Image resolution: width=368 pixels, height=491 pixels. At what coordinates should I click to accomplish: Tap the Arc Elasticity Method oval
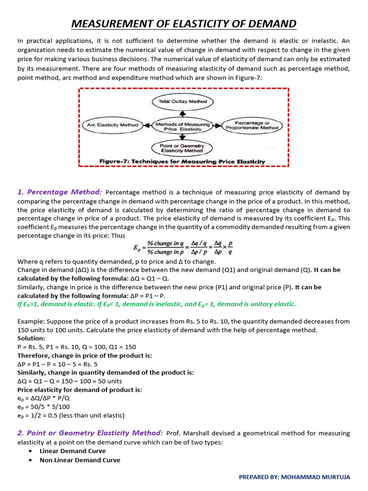coord(113,125)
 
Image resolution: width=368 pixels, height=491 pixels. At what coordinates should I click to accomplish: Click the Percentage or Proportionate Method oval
coord(253,125)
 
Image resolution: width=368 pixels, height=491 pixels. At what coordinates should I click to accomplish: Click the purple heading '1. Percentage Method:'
coord(59,192)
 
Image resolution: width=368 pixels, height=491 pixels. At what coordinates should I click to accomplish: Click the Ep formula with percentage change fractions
coord(183,247)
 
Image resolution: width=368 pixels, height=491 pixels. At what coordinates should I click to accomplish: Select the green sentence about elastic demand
coord(157,304)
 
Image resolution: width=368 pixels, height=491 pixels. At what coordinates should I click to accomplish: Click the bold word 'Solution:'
coord(32,339)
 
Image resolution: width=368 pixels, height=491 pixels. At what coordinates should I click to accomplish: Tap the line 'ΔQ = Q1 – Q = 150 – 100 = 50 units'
coord(69,381)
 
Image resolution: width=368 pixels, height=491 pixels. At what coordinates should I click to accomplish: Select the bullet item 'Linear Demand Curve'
coord(72,451)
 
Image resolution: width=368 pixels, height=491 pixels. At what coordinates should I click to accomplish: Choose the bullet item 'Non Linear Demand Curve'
coord(80,460)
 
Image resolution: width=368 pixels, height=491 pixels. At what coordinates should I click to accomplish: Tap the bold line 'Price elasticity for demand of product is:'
coord(80,390)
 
